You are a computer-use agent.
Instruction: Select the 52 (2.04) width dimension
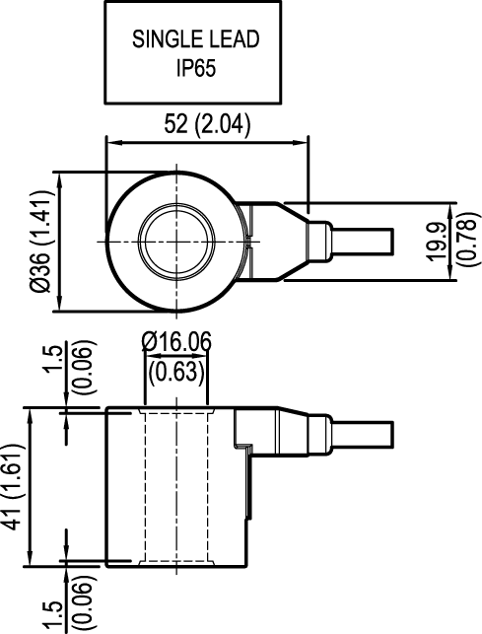(206, 124)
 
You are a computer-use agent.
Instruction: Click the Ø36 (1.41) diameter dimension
(40, 244)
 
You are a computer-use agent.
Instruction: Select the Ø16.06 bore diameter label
(176, 341)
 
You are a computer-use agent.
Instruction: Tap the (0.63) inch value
(176, 371)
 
